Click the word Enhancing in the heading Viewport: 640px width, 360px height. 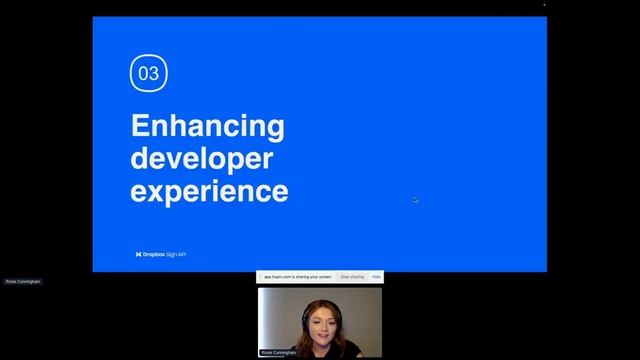coord(207,127)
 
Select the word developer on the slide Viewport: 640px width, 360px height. coord(201,159)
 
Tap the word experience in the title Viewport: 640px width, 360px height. coord(209,190)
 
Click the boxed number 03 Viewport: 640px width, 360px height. coord(148,73)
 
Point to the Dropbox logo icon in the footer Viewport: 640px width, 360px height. coord(138,254)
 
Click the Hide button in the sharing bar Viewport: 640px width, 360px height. coord(376,276)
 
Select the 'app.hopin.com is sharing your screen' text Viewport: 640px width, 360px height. coord(297,276)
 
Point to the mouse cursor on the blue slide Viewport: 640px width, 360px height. coord(415,200)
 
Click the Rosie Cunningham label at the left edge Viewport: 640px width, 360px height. coord(23,282)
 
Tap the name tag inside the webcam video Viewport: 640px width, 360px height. coord(280,352)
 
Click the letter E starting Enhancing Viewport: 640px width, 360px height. coord(140,127)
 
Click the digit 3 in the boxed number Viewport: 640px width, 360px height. coord(153,73)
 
